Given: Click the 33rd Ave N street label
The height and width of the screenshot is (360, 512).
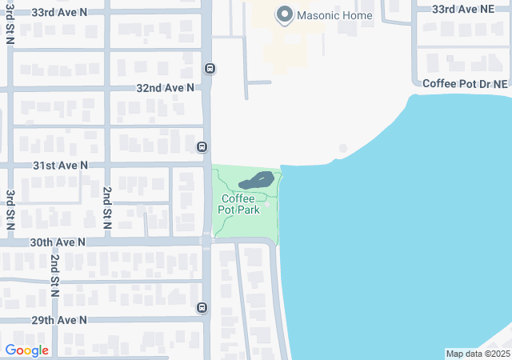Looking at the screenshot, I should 60,13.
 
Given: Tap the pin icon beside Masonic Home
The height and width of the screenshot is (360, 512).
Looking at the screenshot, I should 283,14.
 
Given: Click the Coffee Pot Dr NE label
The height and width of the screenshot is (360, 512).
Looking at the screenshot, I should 465,83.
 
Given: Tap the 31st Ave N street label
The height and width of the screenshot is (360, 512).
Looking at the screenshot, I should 60,165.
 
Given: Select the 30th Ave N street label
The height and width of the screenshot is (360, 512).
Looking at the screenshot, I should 58,241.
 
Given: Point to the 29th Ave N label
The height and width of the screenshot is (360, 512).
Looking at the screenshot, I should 60,319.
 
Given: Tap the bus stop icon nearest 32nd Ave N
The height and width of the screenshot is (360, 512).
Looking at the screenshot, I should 209,68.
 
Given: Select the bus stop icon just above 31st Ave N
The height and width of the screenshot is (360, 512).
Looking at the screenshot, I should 202,146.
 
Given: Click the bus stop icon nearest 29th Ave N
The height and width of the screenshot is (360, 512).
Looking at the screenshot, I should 202,308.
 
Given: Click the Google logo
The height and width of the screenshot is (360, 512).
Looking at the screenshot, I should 27,350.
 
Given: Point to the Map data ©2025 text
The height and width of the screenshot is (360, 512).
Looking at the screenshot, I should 477,354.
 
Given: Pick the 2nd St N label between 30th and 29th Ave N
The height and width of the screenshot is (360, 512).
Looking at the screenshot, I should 55,276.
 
